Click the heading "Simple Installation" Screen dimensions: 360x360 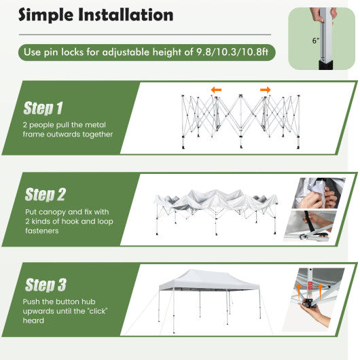[x=96, y=15]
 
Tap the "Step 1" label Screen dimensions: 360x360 [x=43, y=108]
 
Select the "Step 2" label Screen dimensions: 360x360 [x=45, y=195]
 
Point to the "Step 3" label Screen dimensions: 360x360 [x=45, y=285]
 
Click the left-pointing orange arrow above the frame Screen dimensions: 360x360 [x=215, y=90]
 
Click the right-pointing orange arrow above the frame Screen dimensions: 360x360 [x=265, y=90]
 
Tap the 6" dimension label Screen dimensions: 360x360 [x=315, y=41]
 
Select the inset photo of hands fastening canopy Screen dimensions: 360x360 [x=318, y=194]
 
